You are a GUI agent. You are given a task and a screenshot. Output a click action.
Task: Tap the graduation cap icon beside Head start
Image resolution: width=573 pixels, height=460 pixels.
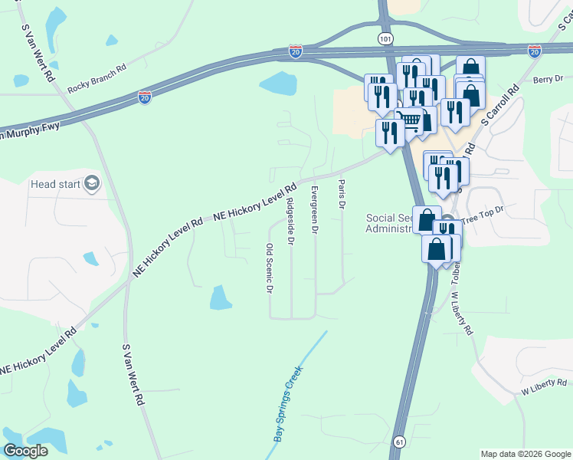pyautogui.click(x=92, y=183)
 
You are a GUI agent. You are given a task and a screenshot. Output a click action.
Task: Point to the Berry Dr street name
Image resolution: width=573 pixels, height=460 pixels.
pyautogui.click(x=548, y=79)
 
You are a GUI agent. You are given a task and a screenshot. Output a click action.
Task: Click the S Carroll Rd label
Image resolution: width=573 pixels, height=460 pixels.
pyautogui.click(x=500, y=105)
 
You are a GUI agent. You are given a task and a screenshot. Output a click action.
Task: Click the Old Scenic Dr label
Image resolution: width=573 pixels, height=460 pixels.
pyautogui.click(x=269, y=268)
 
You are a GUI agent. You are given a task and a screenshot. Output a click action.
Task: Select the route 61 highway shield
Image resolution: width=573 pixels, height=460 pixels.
pyautogui.click(x=399, y=442)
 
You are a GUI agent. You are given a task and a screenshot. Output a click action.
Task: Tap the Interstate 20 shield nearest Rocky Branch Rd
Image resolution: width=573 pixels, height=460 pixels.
pyautogui.click(x=144, y=97)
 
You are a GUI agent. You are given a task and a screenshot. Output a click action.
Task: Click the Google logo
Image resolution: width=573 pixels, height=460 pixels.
pyautogui.click(x=26, y=451)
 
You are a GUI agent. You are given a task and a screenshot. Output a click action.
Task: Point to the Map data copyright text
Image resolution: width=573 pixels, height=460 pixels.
pyautogui.click(x=525, y=454)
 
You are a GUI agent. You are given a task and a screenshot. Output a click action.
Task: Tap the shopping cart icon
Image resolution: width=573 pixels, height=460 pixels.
pyautogui.click(x=412, y=120)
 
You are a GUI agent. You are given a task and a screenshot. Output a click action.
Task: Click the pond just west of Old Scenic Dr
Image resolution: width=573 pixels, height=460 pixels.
pyautogui.click(x=221, y=297)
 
